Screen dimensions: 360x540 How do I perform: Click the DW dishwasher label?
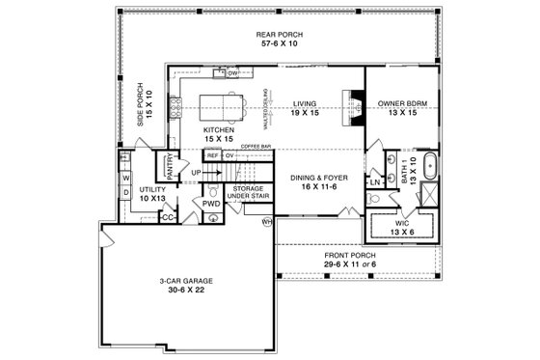click(232, 72)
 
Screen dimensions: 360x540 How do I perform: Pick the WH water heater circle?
click(269, 221)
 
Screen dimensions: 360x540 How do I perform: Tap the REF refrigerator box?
click(212, 154)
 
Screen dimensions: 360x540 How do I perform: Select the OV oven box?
click(229, 154)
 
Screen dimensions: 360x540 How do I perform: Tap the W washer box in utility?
click(125, 178)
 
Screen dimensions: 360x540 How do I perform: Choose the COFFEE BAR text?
click(255, 146)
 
